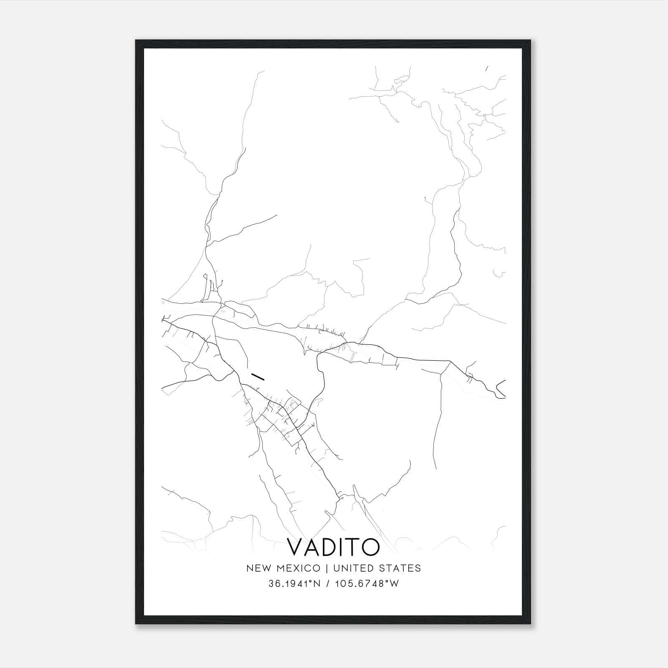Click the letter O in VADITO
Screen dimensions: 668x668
tap(372, 547)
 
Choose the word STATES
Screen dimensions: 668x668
tap(400, 568)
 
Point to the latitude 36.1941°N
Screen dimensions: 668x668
tap(294, 584)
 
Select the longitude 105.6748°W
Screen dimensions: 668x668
tap(366, 584)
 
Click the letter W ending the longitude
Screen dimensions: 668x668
tap(395, 584)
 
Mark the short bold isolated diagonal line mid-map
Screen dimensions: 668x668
tap(258, 376)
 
